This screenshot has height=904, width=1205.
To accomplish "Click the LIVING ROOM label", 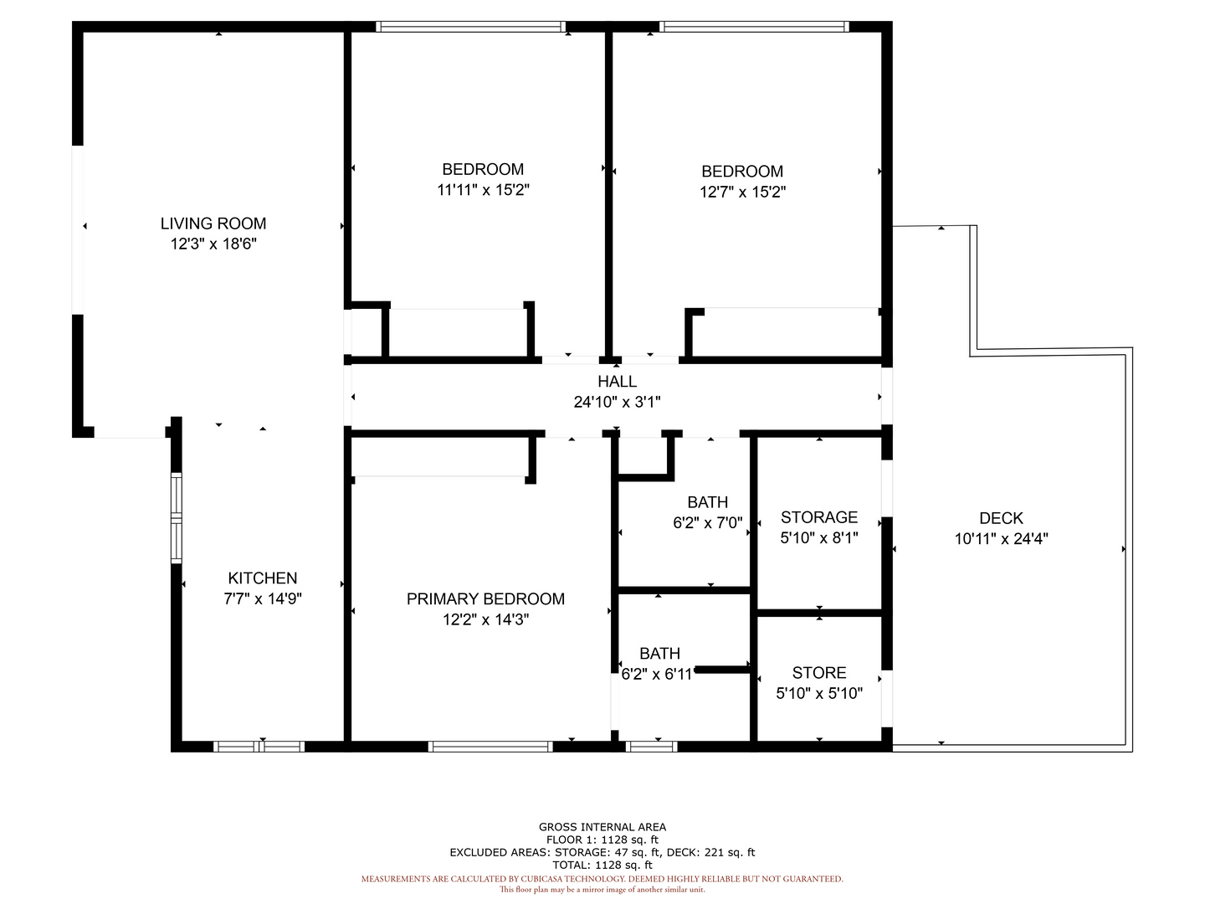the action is click(x=213, y=223).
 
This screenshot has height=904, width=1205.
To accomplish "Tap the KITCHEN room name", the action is click(x=263, y=578).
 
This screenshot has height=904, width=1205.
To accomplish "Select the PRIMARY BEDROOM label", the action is click(x=485, y=598).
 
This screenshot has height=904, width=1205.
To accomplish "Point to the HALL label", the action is click(x=617, y=382).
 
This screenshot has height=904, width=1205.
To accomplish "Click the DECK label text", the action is click(x=1002, y=518).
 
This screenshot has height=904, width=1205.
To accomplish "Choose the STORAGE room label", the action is click(x=819, y=517).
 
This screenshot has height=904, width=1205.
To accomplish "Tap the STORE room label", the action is click(x=819, y=673).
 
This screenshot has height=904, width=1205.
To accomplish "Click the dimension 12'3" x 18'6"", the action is click(x=213, y=244).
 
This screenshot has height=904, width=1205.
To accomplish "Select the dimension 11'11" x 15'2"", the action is click(x=483, y=190).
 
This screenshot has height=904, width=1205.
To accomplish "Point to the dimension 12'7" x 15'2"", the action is click(x=743, y=193).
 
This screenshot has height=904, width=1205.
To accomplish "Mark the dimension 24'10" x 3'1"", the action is click(x=617, y=403).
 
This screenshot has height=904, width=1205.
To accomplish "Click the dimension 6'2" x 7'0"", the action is click(x=708, y=522).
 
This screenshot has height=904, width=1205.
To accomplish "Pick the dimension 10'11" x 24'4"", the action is click(x=1002, y=539).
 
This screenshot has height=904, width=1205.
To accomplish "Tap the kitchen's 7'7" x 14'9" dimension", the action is click(x=263, y=598).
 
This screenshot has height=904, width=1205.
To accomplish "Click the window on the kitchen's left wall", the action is click(x=177, y=517).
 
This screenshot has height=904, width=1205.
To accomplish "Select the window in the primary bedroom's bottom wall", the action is click(x=490, y=747).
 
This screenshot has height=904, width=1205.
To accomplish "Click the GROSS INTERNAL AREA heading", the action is click(x=602, y=827).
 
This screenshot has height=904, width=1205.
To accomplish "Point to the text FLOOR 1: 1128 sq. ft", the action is click(x=602, y=840).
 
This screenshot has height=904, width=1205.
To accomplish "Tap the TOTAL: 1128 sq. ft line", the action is click(x=602, y=865).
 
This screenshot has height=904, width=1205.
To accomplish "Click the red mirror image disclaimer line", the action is click(x=602, y=890).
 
